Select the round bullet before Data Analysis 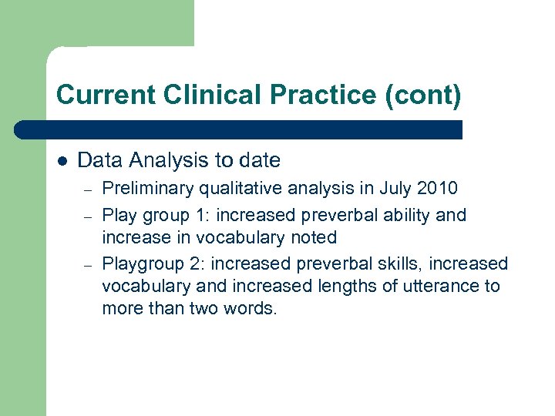(62, 160)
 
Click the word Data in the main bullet (100, 160)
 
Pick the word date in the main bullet (257, 160)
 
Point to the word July (388, 188)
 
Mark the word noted (312, 237)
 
